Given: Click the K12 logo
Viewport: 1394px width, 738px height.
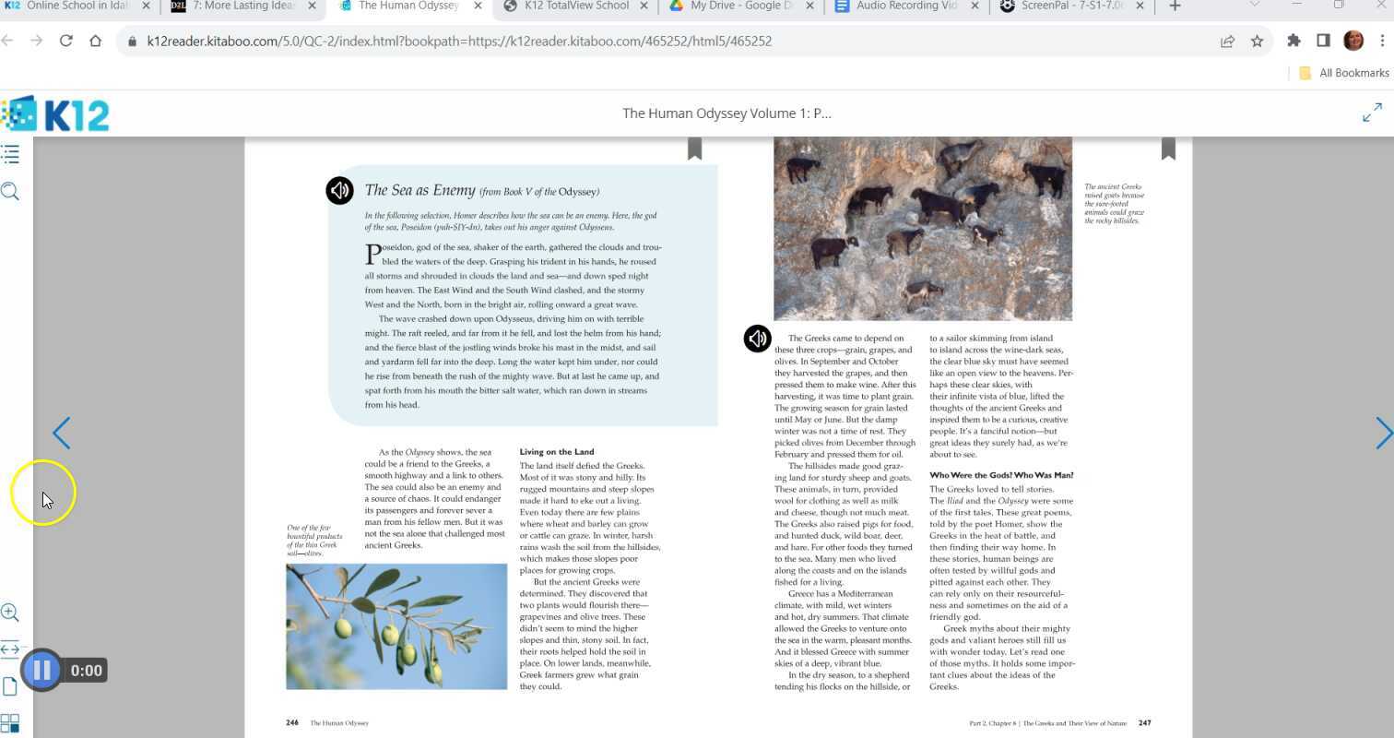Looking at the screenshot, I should click(55, 114).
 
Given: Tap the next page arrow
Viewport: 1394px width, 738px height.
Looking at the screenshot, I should click(1383, 433).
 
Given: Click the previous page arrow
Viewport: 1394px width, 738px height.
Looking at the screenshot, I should click(61, 433).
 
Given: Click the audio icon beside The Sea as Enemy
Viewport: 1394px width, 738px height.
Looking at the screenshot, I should click(339, 190).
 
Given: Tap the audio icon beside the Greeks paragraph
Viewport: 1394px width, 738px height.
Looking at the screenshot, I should click(757, 339).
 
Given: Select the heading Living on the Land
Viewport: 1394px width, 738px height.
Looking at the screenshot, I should click(557, 452).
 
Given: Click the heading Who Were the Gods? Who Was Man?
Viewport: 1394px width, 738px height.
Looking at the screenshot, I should click(1001, 475).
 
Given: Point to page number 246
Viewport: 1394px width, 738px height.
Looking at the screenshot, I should click(292, 723).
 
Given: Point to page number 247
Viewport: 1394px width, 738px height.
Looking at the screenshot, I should click(1144, 723).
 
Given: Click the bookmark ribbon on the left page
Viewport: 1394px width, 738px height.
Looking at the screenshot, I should click(694, 149).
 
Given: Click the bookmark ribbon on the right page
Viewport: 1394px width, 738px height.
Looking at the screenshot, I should click(1168, 149).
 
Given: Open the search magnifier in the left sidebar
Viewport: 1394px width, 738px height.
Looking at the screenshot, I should click(10, 192).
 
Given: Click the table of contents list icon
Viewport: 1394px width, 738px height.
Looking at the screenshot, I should click(10, 154).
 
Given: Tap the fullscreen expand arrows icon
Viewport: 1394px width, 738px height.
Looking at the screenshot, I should click(1372, 113).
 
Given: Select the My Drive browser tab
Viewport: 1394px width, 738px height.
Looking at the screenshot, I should click(737, 6).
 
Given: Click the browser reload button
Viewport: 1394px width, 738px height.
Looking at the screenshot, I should click(65, 41).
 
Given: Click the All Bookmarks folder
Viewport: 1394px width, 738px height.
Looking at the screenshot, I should click(1343, 73).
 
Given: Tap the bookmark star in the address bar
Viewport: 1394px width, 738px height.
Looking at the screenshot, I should click(1257, 41).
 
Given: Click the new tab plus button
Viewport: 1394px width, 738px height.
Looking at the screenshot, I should click(1175, 6).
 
